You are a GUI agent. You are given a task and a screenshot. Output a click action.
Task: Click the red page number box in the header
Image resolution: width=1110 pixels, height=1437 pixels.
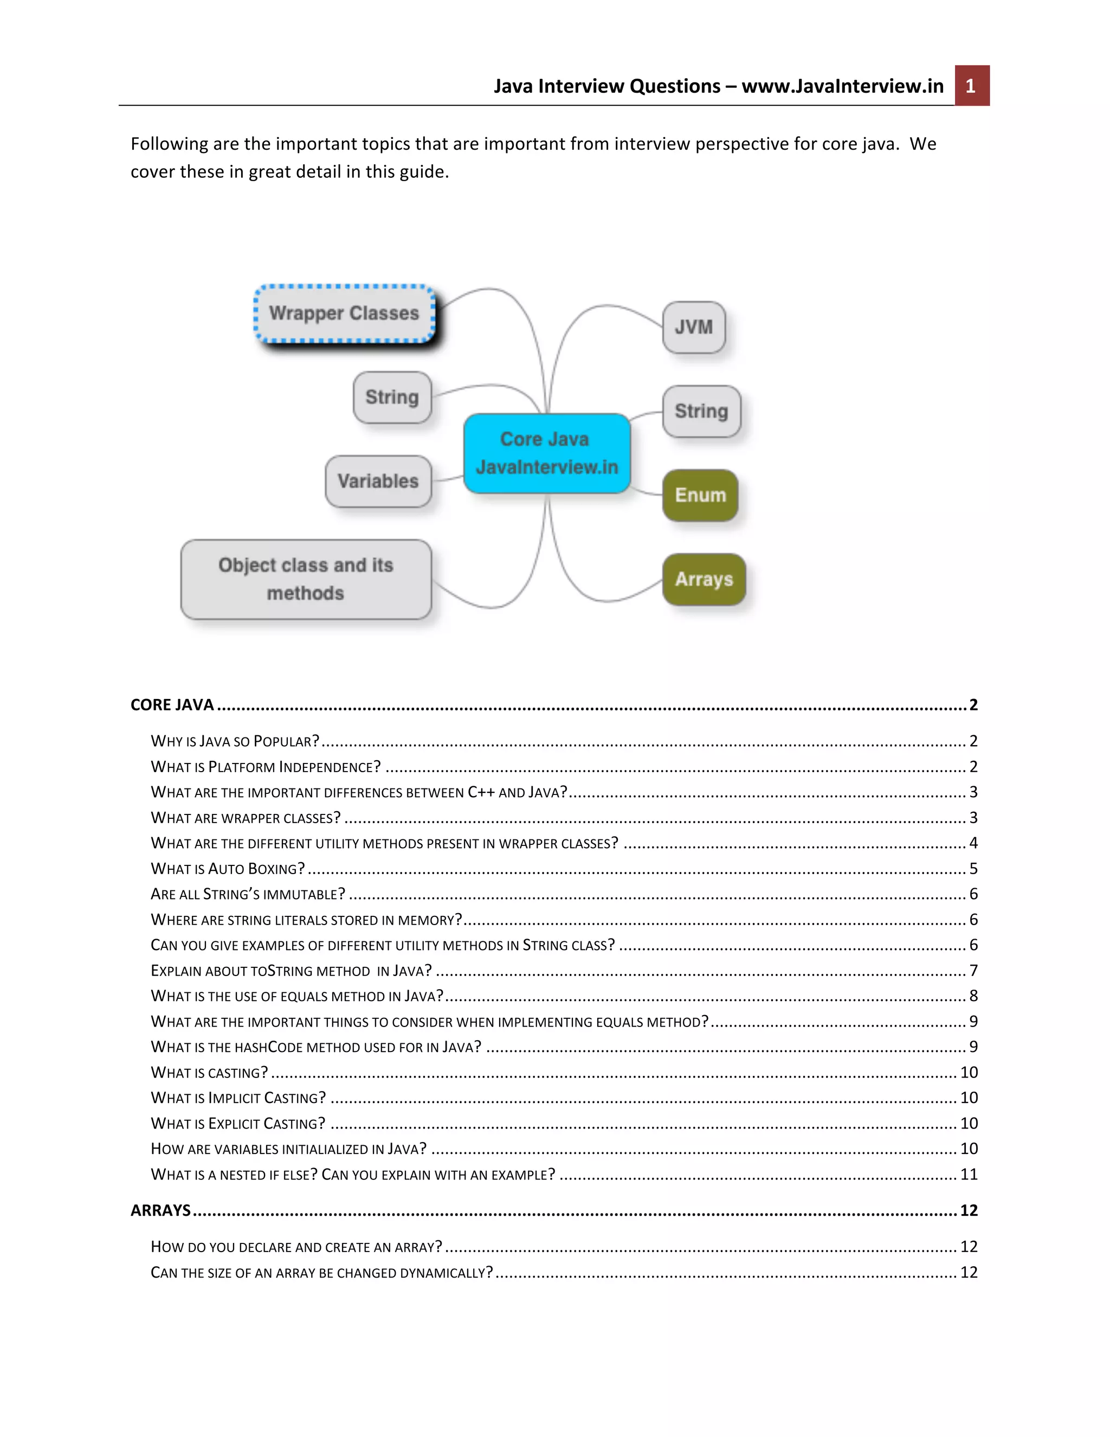point(971,86)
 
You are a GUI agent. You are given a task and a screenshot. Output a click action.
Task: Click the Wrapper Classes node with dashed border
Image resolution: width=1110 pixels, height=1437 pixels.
point(344,313)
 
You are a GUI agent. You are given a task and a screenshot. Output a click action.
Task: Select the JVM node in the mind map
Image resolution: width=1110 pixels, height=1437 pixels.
point(694,327)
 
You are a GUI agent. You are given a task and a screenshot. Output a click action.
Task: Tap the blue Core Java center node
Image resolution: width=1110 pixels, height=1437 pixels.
point(546,453)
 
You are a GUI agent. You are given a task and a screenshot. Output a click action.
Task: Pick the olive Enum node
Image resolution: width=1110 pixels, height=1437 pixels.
point(700,495)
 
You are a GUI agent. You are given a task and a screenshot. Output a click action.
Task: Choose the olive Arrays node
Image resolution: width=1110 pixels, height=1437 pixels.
point(704,579)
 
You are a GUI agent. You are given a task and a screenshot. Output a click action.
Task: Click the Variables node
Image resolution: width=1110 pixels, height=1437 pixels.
point(378,481)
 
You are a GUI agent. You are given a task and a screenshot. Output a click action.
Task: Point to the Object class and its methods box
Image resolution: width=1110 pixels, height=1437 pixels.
point(306,579)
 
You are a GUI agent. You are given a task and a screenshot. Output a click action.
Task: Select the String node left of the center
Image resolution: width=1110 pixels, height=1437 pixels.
point(392,397)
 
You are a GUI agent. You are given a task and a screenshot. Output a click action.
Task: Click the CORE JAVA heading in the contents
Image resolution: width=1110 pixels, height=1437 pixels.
point(172,705)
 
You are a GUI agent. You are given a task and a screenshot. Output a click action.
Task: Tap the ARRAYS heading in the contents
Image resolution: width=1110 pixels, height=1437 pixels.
point(160,1210)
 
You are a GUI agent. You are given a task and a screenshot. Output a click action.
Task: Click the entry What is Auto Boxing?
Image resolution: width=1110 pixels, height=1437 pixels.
point(228,869)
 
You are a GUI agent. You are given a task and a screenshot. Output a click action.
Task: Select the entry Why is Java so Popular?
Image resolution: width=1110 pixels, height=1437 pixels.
point(235,741)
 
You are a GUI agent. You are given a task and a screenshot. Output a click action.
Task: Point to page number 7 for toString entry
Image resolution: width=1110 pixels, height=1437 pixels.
point(973,971)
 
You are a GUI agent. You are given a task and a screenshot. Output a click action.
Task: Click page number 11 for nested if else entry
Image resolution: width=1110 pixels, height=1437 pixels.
point(969,1175)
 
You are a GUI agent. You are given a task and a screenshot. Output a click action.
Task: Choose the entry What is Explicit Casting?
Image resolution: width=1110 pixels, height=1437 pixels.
point(238,1123)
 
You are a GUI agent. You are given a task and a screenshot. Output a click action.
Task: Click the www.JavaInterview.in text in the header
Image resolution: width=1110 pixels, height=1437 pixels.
point(842,86)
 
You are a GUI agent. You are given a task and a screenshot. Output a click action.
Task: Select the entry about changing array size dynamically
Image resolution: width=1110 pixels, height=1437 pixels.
point(321,1273)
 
